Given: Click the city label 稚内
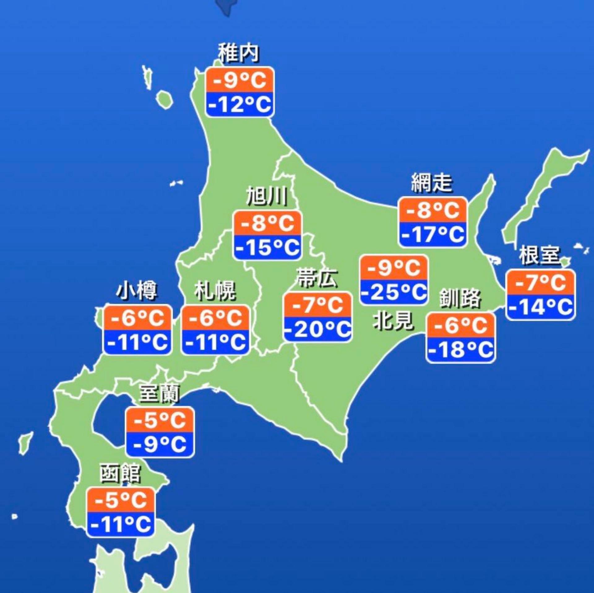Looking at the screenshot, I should coord(239,54).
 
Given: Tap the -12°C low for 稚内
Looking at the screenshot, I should coord(240,104).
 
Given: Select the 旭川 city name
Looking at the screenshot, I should coord(267,196).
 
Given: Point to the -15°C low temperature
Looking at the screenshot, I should coord(268,247).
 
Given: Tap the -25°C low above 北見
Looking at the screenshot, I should coord(394,292).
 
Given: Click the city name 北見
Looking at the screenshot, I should coord(393,320).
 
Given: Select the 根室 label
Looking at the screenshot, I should coord(540,255).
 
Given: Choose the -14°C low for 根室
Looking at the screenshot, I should coord(540,307).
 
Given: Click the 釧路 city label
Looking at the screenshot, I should coord(460,299).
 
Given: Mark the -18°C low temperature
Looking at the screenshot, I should coord(461,350).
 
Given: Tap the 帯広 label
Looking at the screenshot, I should coord(317,278).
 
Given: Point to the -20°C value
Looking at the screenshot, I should coord(318,329).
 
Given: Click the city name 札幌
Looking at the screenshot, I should coord(215,291).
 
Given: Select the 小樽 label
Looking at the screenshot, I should coord(137,291).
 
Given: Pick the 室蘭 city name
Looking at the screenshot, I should coord(160,393).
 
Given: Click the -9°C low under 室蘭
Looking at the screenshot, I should coord(160,444).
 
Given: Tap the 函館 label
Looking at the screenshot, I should coord(120,474).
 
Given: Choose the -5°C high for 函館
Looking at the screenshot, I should coord(120,500).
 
